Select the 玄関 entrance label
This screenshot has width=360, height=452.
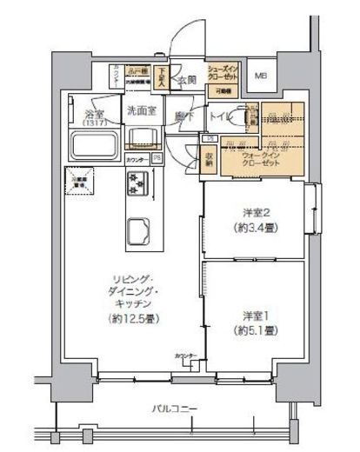[x=186, y=82]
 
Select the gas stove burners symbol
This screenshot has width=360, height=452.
[x=138, y=183]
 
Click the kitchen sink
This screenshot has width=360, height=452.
[x=137, y=230]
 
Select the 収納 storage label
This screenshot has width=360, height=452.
[x=210, y=157]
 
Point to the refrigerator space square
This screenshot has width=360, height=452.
[x=70, y=182]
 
